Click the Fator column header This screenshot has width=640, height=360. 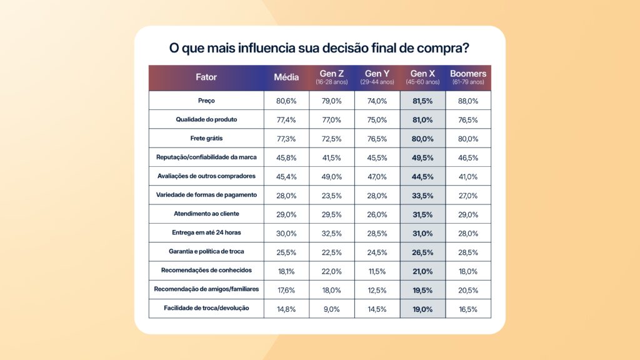click(x=206, y=77)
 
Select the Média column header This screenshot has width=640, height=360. click(x=287, y=77)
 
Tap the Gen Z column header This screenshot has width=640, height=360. click(x=332, y=74)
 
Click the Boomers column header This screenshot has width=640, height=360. click(x=468, y=74)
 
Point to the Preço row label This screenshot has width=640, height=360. click(x=206, y=101)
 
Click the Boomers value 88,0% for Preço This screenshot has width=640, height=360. click(x=468, y=101)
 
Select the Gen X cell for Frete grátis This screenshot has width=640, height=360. click(x=422, y=138)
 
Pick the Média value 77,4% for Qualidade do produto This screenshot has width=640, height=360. click(x=287, y=119)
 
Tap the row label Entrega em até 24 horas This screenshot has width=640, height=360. click(x=206, y=232)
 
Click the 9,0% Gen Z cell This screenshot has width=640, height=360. click(x=332, y=308)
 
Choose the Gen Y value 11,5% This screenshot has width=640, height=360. click(x=377, y=271)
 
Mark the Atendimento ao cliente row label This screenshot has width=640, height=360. click(x=206, y=214)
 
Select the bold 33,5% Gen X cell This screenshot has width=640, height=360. click(x=422, y=195)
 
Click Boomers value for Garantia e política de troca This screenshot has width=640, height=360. click(x=468, y=252)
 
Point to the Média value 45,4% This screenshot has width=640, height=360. click(x=287, y=176)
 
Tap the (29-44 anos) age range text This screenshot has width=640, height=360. click(x=377, y=82)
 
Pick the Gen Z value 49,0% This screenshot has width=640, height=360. click(x=332, y=176)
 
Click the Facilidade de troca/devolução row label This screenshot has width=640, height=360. click(x=206, y=308)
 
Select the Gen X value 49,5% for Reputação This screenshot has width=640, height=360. click(x=422, y=157)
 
